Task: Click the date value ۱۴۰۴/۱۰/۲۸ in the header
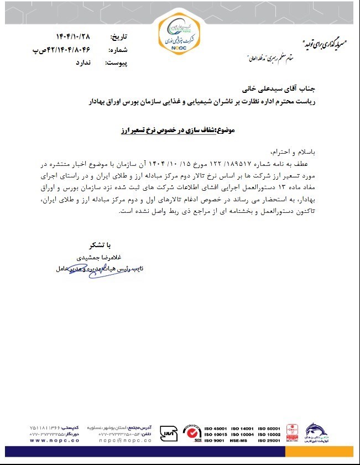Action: coord(72,37)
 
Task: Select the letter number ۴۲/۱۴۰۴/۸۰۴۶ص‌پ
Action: coord(67,50)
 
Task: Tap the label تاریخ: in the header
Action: coord(119,37)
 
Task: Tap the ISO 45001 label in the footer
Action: coord(216,429)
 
